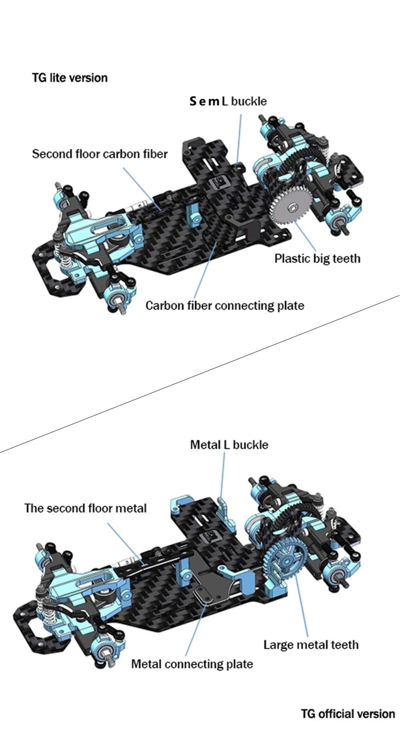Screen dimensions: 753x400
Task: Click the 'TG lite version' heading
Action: (x=70, y=77)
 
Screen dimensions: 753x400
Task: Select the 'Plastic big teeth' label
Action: (x=317, y=259)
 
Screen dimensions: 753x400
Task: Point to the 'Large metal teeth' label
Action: (x=311, y=645)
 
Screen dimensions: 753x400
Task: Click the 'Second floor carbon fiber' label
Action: (x=100, y=154)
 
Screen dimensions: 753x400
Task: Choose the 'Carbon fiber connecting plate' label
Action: (x=225, y=306)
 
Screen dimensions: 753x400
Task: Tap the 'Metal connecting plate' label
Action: (x=192, y=664)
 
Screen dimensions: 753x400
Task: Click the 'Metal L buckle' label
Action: (x=229, y=445)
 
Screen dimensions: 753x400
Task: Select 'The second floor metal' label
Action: (x=85, y=508)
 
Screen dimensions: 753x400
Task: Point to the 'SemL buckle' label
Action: (x=228, y=101)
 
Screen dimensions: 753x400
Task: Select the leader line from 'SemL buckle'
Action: (x=239, y=136)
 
